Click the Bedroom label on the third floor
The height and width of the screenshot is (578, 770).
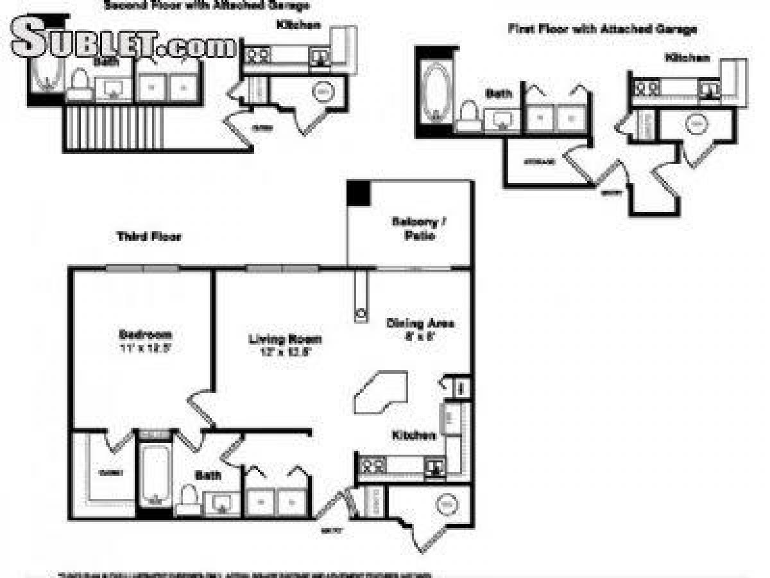click(146, 335)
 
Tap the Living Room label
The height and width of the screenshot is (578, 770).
click(285, 339)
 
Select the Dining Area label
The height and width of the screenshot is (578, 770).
click(420, 323)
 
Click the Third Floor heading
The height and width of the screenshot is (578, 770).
click(150, 237)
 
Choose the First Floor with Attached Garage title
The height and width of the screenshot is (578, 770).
click(602, 29)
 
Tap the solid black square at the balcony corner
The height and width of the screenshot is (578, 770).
click(358, 193)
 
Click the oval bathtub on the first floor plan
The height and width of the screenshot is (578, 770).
click(436, 92)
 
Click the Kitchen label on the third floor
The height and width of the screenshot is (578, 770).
click(414, 435)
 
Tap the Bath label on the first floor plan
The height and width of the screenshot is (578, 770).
click(498, 94)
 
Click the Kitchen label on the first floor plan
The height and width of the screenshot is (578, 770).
click(687, 58)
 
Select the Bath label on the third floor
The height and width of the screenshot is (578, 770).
click(209, 476)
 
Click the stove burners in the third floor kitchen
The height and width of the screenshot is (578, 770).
click(372, 464)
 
